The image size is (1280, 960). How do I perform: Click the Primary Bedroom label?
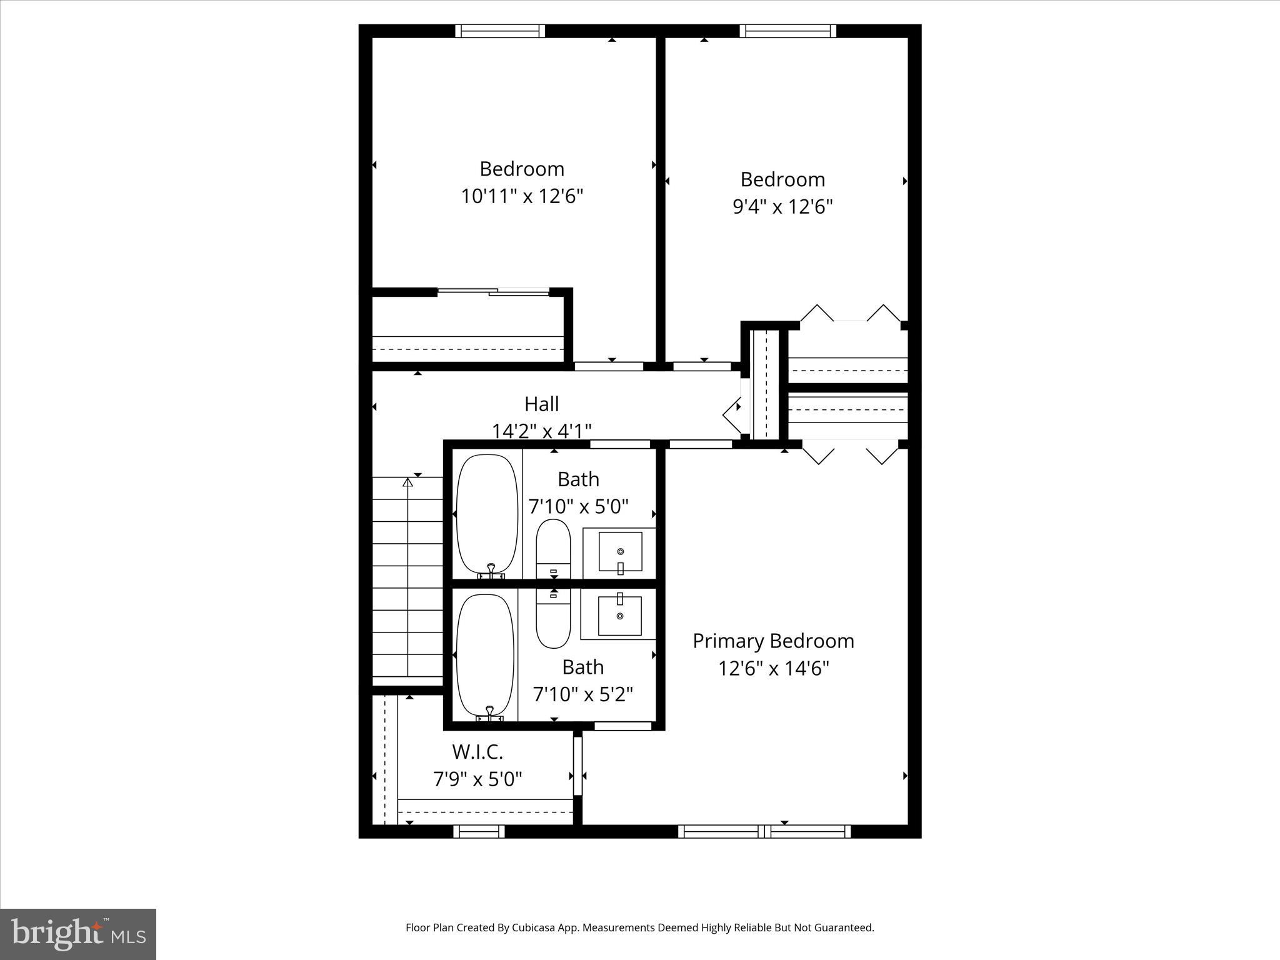773,641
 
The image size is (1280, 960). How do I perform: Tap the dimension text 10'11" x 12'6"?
522,196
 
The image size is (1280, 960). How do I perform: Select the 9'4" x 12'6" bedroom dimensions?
782,207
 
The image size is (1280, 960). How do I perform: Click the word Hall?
541,404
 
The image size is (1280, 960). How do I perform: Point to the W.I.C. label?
477,751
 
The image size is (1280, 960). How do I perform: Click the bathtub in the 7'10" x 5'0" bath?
487,514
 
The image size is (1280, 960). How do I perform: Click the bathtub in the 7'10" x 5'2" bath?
486,654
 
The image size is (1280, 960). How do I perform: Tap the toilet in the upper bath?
553,547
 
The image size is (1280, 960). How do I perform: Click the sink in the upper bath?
620,552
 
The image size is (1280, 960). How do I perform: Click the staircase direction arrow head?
408,482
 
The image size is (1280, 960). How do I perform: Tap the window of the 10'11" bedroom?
500,31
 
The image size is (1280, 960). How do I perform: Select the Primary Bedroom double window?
764,831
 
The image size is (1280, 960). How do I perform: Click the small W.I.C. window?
479,831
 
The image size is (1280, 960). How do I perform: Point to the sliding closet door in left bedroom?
494,291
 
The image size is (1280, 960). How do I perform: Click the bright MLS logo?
78,934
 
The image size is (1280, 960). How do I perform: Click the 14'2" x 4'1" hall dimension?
541,431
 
